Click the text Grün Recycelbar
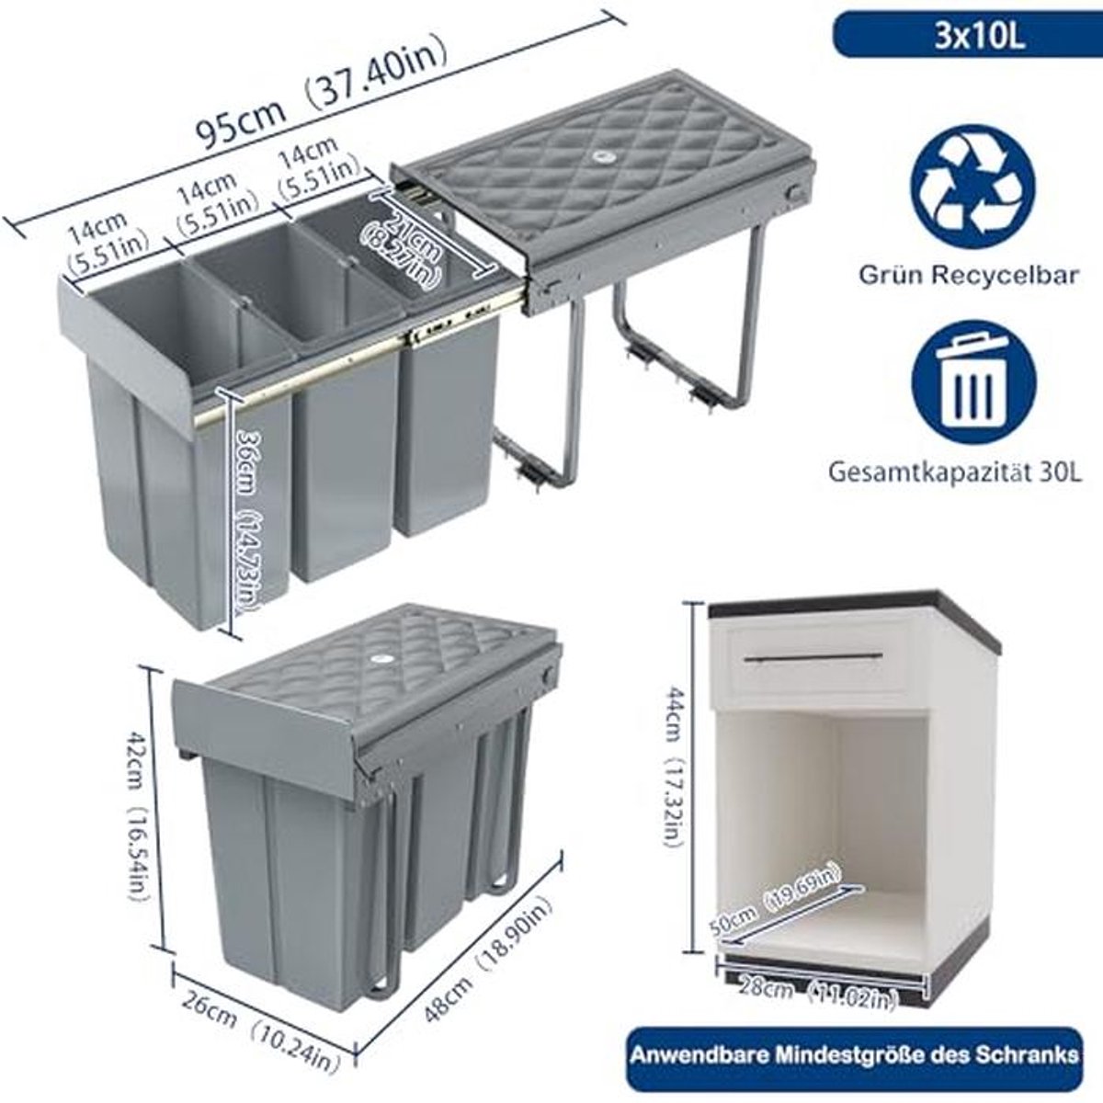pos(968,275)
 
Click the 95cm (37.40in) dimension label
pos(321,95)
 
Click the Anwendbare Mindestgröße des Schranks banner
pos(853,1039)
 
